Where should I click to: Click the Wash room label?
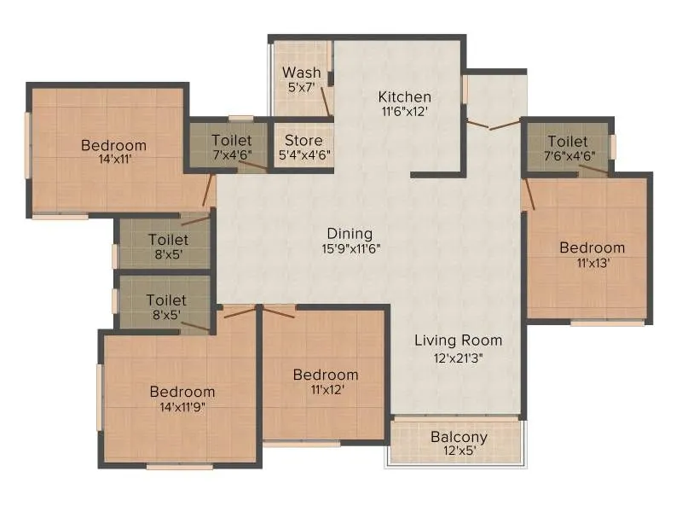[x=302, y=73]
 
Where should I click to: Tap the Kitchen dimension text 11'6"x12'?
[x=404, y=111]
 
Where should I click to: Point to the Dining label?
[x=350, y=233]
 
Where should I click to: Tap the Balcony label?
[x=459, y=437]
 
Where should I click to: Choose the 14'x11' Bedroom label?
[x=113, y=145]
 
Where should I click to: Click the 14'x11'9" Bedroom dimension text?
[x=182, y=407]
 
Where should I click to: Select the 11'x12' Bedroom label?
[x=326, y=375]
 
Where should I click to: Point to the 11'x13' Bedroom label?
[x=592, y=247]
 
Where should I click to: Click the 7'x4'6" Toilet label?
[x=231, y=141]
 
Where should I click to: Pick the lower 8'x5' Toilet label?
[x=166, y=300]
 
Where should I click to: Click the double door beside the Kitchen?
[x=493, y=125]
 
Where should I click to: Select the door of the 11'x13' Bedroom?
[x=529, y=194]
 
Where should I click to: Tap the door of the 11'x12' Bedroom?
[x=279, y=311]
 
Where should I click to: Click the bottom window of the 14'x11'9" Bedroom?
[x=179, y=467]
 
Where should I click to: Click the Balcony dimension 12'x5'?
[x=459, y=452]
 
